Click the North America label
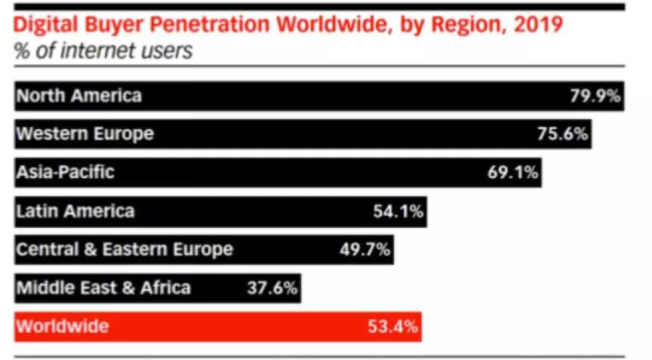[78, 96]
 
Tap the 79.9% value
[595, 96]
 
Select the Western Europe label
[85, 134]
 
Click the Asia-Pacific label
[65, 172]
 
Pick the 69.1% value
[512, 173]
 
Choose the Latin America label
[75, 211]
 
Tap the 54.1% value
[398, 211]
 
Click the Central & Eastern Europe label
[125, 249]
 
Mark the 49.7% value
[364, 250]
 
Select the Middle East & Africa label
[103, 288]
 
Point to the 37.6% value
[272, 288]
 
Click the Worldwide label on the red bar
[62, 327]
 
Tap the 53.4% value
[392, 327]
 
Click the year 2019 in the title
[538, 24]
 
